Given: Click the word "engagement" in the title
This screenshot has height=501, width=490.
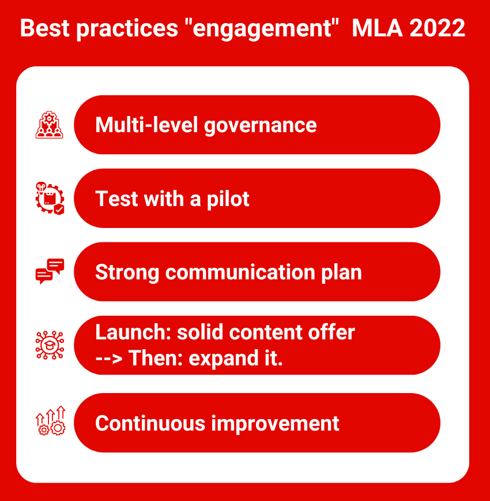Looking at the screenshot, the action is coord(261,29).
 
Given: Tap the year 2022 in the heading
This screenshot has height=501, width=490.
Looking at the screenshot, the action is coord(437,28).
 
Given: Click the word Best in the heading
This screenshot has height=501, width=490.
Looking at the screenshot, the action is coord(45,28).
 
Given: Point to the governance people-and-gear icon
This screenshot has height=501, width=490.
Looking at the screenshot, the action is coord(49,125).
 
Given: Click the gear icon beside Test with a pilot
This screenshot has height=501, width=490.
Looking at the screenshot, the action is coord(50,198).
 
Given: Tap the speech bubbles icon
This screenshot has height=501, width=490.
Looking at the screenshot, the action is coord(50,271).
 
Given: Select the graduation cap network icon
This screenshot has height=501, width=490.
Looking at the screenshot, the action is coord(50,345).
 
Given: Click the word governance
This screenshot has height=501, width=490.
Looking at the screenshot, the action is coord(260,125).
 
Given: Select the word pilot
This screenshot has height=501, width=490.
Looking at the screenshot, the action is coord(228,199).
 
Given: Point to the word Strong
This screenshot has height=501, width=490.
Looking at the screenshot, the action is coord(127,273).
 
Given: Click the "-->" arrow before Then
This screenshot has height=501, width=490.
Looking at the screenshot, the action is coord(109,358).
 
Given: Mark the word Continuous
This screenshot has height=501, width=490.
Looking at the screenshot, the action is coord(150,423).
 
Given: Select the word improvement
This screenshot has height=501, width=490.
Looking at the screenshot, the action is coord(275,424).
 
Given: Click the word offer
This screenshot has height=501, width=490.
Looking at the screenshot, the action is coord(331,332).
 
